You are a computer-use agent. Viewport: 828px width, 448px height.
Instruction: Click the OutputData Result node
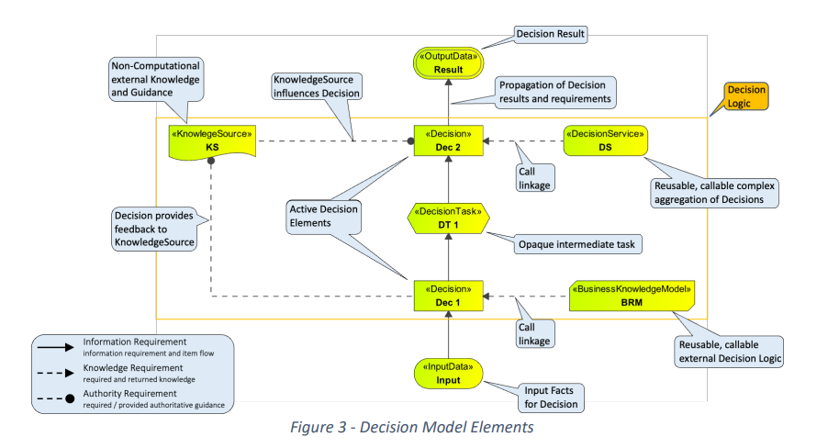[x=448, y=62]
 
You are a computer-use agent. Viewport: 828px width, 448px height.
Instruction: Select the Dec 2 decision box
[x=448, y=140]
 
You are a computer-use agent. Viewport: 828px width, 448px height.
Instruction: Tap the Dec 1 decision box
[x=448, y=296]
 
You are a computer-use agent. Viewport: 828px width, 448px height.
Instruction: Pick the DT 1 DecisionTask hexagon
[x=448, y=218]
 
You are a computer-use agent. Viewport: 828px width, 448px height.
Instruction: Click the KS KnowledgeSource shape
[x=212, y=141]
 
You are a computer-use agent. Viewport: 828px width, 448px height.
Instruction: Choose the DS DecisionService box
[x=605, y=140]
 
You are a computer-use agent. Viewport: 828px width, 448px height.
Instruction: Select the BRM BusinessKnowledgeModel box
[x=632, y=296]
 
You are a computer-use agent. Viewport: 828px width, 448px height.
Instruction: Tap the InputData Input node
[x=448, y=374]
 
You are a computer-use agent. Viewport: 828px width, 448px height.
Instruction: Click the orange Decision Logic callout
[x=745, y=96]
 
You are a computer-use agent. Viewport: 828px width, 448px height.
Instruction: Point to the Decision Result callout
[x=550, y=34]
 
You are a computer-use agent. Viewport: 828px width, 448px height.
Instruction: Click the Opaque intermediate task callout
[x=577, y=244]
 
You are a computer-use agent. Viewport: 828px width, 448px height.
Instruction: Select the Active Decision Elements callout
[x=324, y=216]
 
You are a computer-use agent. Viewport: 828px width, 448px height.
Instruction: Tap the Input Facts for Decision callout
[x=551, y=398]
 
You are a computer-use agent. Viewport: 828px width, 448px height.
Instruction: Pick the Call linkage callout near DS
[x=534, y=178]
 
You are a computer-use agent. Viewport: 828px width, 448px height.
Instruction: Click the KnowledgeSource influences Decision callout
[x=317, y=86]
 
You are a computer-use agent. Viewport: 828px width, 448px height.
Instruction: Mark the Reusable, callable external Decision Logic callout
[x=729, y=352]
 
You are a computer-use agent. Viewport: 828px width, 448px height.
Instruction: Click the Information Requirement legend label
[x=135, y=342]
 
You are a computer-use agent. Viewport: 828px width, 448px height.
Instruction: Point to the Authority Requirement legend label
[x=130, y=394]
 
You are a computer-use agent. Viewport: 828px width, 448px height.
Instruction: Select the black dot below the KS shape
[x=211, y=161]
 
